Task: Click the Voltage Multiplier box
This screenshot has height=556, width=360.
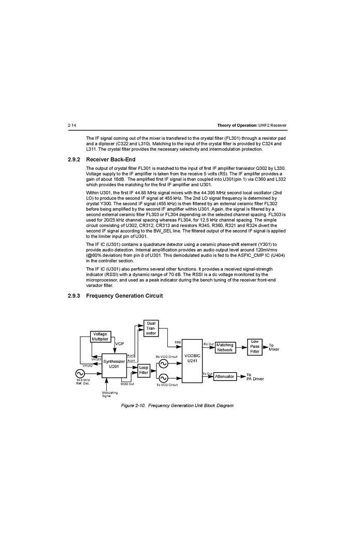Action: pos(100,336)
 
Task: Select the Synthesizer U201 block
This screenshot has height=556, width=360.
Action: pos(114,364)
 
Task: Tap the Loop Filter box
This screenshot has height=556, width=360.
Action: pos(144,370)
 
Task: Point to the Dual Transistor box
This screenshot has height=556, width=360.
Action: pos(151,328)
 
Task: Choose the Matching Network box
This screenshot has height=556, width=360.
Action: pos(225,347)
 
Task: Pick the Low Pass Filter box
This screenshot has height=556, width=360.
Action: pos(255,346)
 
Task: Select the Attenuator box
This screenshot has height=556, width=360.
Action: pos(224,376)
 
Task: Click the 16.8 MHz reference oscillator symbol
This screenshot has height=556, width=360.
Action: pos(80,373)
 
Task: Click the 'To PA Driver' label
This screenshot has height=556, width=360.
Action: pos(255,377)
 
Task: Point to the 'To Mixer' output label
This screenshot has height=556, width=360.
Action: pos(273,347)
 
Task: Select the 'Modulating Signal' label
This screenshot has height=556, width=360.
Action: pos(107,394)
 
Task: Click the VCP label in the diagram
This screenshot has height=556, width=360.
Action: pos(120,344)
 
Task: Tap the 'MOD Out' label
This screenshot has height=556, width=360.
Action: pos(127,384)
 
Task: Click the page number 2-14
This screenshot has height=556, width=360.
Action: pos(72,126)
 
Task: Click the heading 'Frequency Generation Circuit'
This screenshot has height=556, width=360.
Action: pos(124,296)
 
